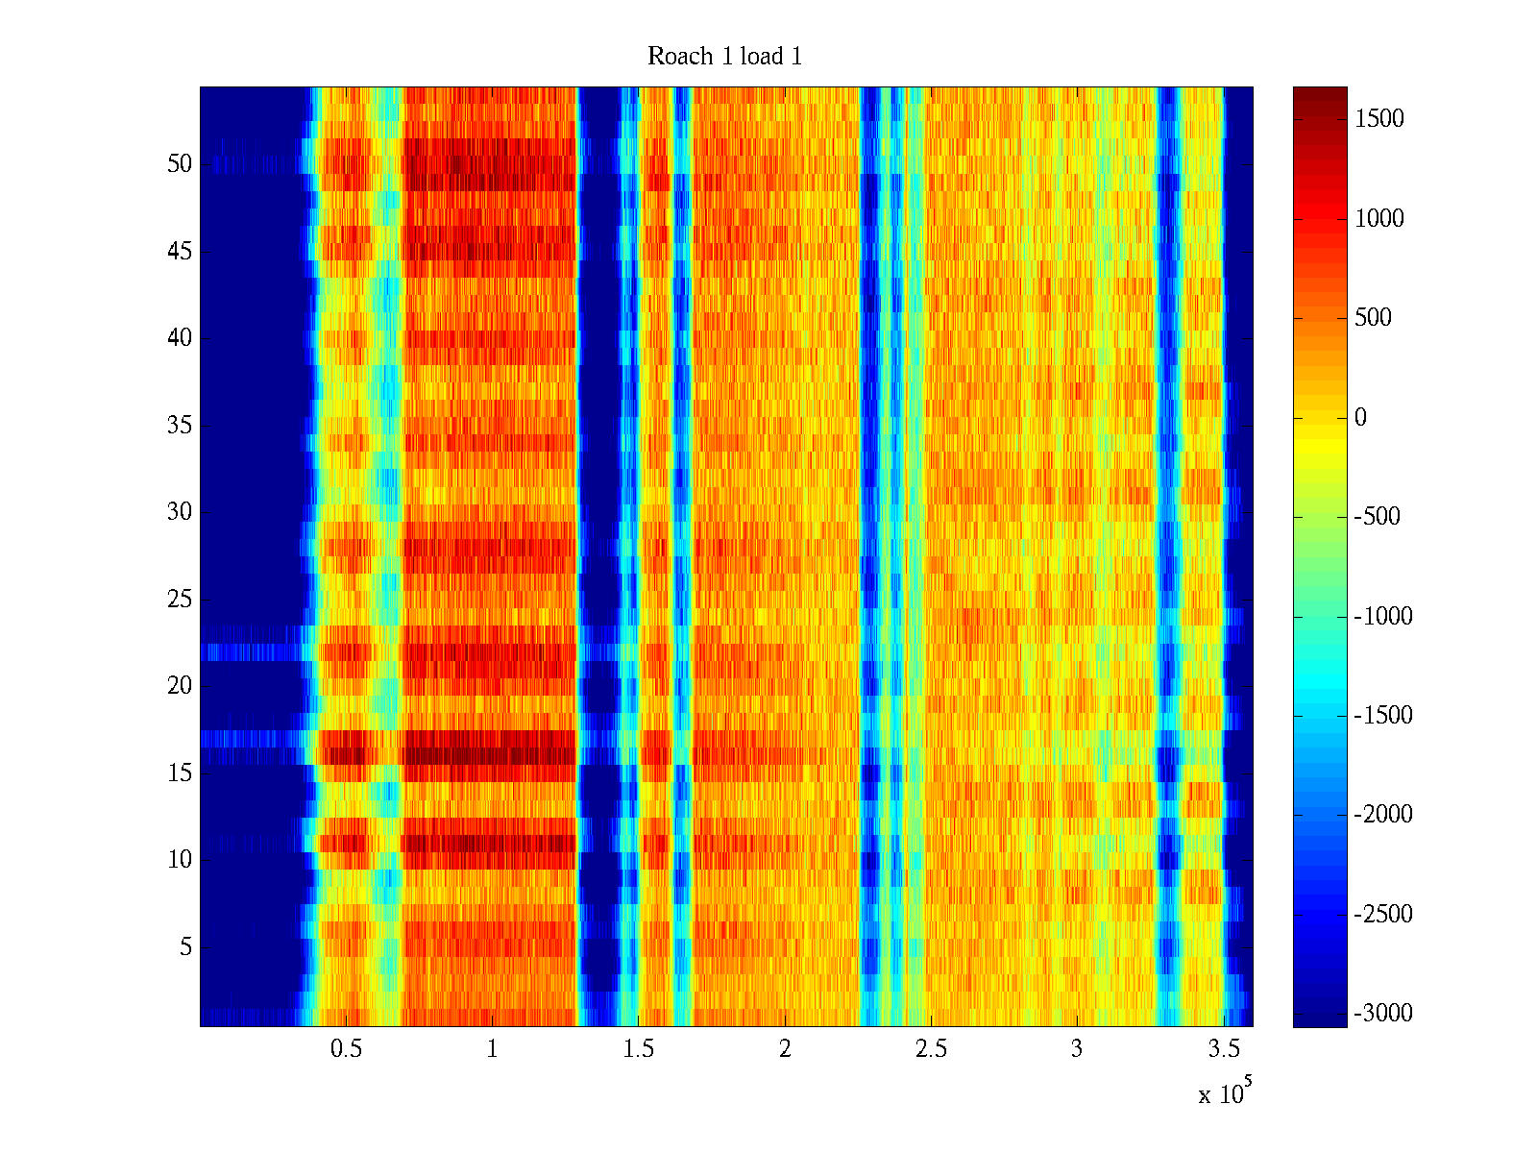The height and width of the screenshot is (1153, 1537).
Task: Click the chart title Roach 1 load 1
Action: pyautogui.click(x=724, y=57)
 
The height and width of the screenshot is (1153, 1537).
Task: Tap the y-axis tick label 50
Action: pyautogui.click(x=180, y=164)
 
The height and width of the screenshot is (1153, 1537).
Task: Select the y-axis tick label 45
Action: pyautogui.click(x=180, y=252)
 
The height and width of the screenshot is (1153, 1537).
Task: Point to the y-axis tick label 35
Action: pyautogui.click(x=180, y=425)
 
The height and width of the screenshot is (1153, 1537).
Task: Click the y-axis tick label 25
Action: pyautogui.click(x=180, y=600)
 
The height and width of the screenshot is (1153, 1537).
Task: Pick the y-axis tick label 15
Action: pyautogui.click(x=180, y=773)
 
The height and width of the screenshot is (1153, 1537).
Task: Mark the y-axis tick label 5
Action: pyautogui.click(x=185, y=947)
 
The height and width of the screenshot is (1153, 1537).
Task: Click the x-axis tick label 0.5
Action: pyautogui.click(x=346, y=1049)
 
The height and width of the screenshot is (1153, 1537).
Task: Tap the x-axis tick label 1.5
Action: pyautogui.click(x=638, y=1049)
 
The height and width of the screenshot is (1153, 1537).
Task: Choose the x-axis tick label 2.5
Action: pyautogui.click(x=930, y=1049)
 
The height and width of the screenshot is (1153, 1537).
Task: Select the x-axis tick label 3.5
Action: pyautogui.click(x=1222, y=1049)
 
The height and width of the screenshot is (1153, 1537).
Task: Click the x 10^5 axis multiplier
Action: pyautogui.click(x=1225, y=1093)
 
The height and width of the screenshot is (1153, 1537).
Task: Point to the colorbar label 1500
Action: pyautogui.click(x=1379, y=119)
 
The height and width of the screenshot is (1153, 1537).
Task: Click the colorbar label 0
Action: pyautogui.click(x=1360, y=417)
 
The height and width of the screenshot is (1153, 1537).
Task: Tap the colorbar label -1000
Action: pyautogui.click(x=1383, y=617)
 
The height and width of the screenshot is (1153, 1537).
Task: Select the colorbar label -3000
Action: pyautogui.click(x=1383, y=1014)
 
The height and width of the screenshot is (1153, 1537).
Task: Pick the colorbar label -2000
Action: pyautogui.click(x=1383, y=815)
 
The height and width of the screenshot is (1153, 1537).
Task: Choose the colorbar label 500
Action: pyautogui.click(x=1373, y=318)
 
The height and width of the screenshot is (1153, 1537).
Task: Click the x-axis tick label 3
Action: pyautogui.click(x=1077, y=1049)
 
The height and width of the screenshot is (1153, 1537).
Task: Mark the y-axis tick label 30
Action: pyautogui.click(x=180, y=512)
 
